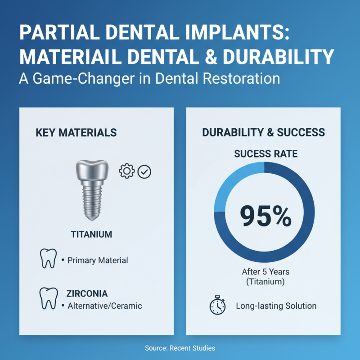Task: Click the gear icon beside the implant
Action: (126, 171)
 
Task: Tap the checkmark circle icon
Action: (145, 171)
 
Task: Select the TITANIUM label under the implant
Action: (91, 234)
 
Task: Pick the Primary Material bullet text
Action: (97, 260)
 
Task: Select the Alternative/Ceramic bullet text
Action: (104, 306)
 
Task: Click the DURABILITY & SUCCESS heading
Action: (263, 132)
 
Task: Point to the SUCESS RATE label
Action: (264, 153)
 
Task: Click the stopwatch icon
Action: (217, 306)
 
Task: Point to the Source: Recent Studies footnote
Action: (180, 348)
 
